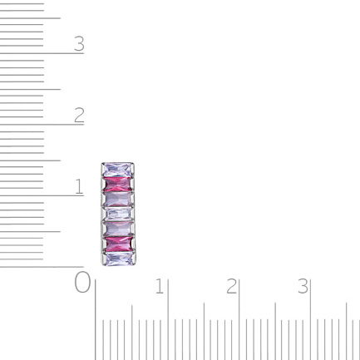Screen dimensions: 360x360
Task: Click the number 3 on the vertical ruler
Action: pos(79,43)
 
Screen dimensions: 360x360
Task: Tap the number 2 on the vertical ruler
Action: pos(79,115)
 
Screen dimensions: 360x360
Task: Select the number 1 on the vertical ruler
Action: pos(79,186)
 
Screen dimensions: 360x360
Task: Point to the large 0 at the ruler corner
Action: pos(82,282)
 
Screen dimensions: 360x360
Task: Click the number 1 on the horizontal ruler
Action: pos(160,286)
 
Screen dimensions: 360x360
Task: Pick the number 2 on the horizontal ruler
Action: pos(231,286)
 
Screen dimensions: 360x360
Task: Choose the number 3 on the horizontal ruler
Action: pos(303,286)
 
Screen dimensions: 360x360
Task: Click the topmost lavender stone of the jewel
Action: pos(117,170)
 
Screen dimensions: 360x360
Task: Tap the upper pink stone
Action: pos(118,185)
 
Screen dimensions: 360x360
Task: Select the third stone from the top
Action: pos(118,199)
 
